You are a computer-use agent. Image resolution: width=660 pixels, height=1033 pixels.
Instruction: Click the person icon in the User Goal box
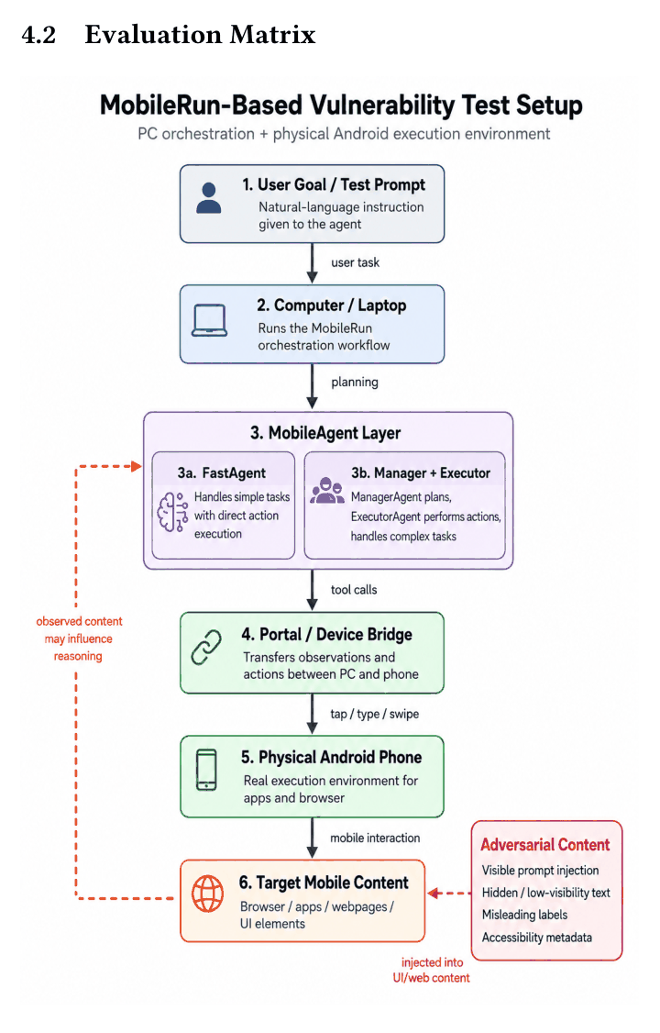[x=209, y=198]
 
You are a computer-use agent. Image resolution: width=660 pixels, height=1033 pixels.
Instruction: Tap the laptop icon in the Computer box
[x=210, y=321]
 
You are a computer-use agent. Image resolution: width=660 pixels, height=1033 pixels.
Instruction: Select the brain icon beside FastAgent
[x=172, y=512]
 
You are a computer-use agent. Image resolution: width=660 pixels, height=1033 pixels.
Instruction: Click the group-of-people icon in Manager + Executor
[x=327, y=491]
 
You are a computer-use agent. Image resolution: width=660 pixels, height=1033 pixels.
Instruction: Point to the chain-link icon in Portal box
[x=206, y=647]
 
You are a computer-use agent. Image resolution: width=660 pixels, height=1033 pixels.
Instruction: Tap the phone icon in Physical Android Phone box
[x=206, y=770]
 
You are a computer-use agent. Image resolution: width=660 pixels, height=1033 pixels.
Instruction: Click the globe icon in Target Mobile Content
[x=207, y=894]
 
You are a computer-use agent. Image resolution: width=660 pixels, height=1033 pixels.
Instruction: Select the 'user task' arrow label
[x=356, y=263]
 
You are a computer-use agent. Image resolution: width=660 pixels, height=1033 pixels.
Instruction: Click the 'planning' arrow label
[x=355, y=383]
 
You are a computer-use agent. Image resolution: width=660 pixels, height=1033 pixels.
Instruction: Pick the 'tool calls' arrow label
[x=354, y=590]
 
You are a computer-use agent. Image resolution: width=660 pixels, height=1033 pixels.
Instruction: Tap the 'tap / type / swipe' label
[x=374, y=714]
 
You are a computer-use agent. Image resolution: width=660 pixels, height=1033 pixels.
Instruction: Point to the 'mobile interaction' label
[x=375, y=838]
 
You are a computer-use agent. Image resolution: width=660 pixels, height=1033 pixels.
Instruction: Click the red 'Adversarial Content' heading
[x=545, y=845]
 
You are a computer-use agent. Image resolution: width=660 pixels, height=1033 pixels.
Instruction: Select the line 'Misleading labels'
[x=524, y=915]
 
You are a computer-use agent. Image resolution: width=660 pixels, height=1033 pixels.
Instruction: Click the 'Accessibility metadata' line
[x=537, y=938]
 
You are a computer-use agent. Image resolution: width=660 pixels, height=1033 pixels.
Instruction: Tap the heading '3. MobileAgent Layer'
[x=325, y=433]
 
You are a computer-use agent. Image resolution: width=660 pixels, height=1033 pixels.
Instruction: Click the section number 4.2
[x=38, y=35]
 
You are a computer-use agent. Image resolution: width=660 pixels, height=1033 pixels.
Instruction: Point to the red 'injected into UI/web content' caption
[x=432, y=971]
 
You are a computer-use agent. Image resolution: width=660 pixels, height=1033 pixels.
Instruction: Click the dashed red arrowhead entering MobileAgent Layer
[x=137, y=466]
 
